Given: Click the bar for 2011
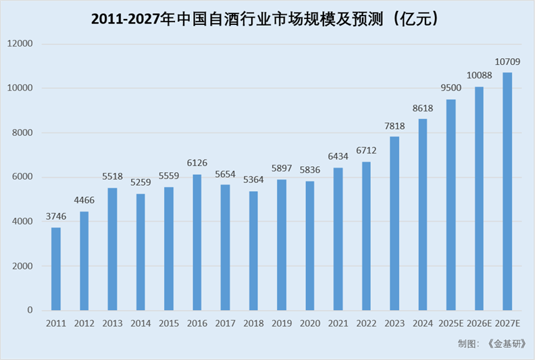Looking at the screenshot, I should coord(56,269).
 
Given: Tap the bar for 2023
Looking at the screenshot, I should coord(394,224).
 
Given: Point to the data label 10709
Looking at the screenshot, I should coord(507,62).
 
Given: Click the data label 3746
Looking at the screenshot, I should coord(56,217).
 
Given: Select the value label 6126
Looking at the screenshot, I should coord(197,164).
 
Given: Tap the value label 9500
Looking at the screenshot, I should coord(451,88).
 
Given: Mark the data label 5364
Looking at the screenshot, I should coord(253,181).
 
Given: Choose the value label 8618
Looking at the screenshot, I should coord(423,108).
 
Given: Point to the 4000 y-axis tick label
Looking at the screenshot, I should coord(23,222).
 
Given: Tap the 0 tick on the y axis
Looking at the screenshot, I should coord(30,311).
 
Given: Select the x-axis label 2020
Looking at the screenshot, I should coord(310,324).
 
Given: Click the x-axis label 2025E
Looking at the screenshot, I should coord(451,324).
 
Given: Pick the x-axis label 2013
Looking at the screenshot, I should coord(112,324).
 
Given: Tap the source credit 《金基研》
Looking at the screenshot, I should coord(505,344).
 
